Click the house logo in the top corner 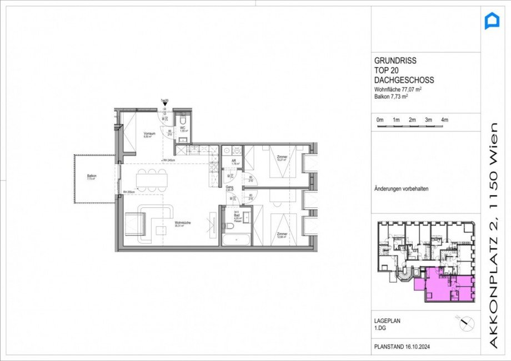click(492, 22)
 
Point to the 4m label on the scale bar click(444, 120)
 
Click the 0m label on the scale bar click(380, 120)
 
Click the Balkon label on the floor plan click(92, 176)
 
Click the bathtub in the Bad click(236, 240)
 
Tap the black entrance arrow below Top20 click(164, 104)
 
